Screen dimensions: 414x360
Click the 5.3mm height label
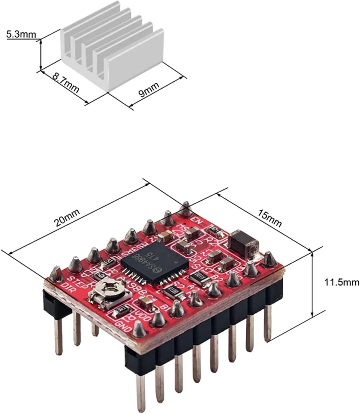(x=21, y=35)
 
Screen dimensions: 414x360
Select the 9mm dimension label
(x=149, y=89)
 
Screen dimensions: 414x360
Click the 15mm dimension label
(x=269, y=218)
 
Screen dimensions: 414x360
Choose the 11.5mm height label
(x=341, y=282)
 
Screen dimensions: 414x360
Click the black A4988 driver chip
(x=155, y=262)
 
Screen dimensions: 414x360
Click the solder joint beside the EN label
(x=185, y=209)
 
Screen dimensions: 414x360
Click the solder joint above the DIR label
(x=55, y=274)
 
